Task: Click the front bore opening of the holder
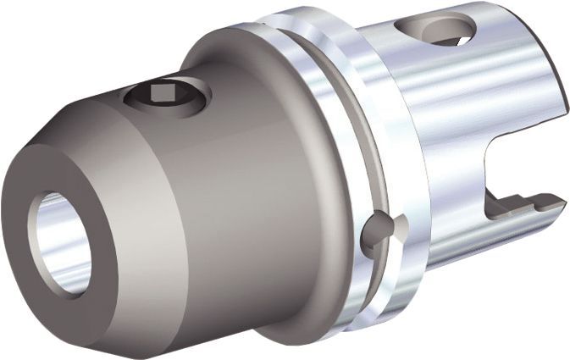pyautogui.click(x=61, y=243)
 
